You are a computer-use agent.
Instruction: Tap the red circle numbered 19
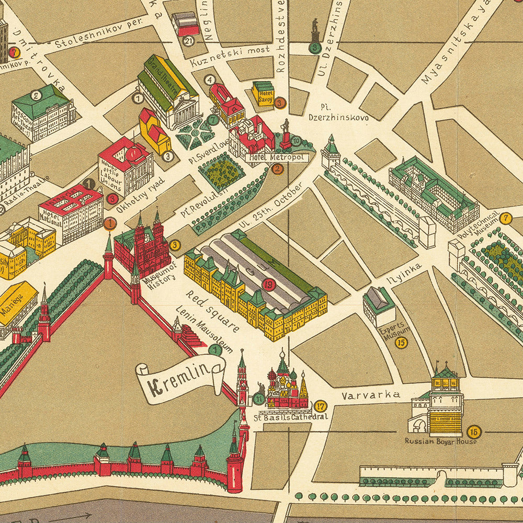pos(269,285)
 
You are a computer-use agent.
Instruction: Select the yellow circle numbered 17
pos(321,406)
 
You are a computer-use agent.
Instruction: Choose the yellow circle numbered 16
pos(474,431)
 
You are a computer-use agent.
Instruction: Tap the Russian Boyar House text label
pos(440,441)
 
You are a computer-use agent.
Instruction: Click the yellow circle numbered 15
pos(401,343)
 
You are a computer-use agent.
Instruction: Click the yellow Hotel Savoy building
pos(263,93)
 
